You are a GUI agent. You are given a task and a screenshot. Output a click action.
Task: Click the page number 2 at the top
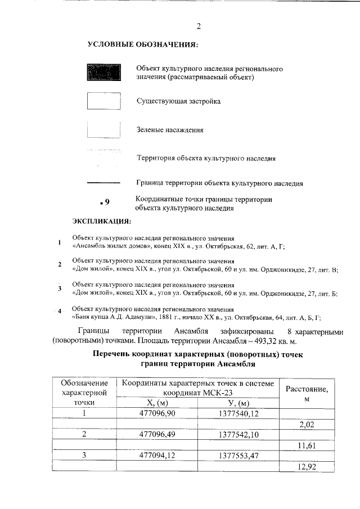pyautogui.click(x=199, y=26)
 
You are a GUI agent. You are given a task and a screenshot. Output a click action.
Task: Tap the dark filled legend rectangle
pyautogui.click(x=104, y=73)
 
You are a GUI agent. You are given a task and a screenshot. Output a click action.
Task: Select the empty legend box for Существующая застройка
pyautogui.click(x=104, y=101)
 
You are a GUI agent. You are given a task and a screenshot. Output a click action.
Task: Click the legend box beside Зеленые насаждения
pyautogui.click(x=104, y=129)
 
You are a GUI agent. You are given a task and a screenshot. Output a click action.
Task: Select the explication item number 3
pyautogui.click(x=60, y=289)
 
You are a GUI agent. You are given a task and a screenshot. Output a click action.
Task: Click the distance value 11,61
pyautogui.click(x=307, y=445)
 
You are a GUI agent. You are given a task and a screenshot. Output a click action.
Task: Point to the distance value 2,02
pyautogui.click(x=307, y=424)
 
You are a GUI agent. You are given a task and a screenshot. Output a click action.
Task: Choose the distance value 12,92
pyautogui.click(x=307, y=467)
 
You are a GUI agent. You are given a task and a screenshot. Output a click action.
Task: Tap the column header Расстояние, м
pyautogui.click(x=307, y=393)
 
